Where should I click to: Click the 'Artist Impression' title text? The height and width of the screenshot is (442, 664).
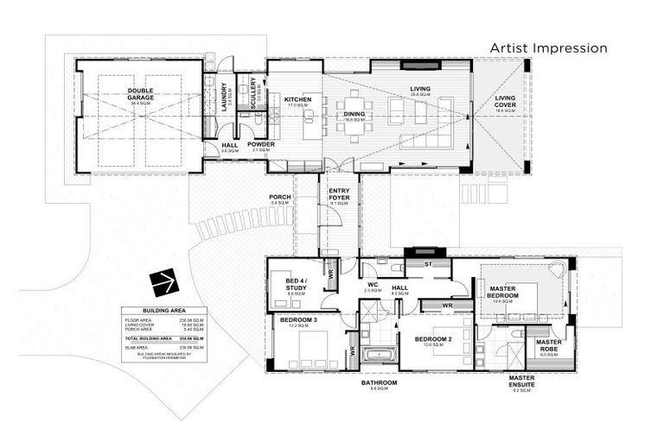pos(548,47)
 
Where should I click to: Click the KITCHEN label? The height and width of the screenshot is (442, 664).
pos(297,99)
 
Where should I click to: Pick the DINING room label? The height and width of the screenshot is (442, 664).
pos(354,113)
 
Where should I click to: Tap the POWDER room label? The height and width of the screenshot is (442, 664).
pos(260,144)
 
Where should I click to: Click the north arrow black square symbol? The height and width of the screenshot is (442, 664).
pos(163,281)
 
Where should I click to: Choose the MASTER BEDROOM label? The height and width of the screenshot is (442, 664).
pos(502,292)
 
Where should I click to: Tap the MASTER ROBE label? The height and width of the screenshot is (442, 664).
pos(548,345)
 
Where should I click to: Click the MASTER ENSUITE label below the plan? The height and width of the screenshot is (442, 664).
pos(521,381)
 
